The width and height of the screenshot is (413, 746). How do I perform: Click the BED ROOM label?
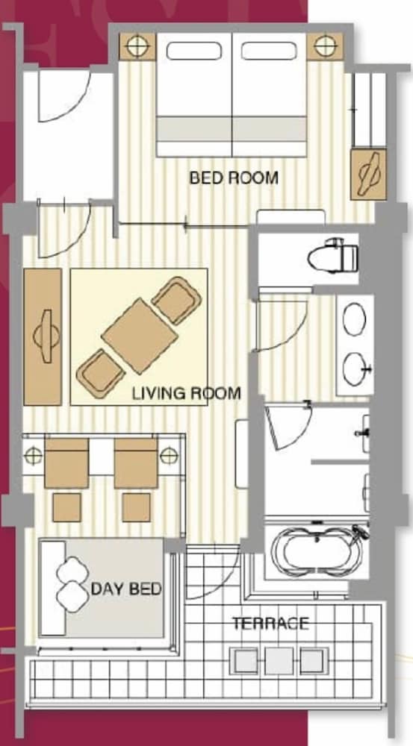[234, 178]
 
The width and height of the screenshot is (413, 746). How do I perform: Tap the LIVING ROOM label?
[186, 393]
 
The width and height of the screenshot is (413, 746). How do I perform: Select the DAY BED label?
[126, 589]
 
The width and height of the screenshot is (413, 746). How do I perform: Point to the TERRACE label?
[270, 623]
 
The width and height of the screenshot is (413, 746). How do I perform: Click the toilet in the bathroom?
[333, 256]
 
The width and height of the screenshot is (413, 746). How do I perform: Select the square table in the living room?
[140, 336]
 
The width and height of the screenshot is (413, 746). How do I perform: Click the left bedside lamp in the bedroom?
[137, 46]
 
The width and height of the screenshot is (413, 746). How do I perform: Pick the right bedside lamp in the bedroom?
[324, 46]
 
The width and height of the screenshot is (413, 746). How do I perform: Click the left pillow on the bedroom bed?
[194, 51]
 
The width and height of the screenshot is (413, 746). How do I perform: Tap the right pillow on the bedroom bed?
[269, 51]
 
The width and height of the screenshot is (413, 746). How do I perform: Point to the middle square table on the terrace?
[279, 661]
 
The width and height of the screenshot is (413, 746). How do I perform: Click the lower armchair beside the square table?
[101, 374]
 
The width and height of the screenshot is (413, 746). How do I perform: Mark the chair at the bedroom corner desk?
[369, 175]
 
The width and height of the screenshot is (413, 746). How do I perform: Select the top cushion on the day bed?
[73, 570]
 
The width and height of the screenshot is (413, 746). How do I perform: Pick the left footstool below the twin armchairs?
[66, 507]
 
